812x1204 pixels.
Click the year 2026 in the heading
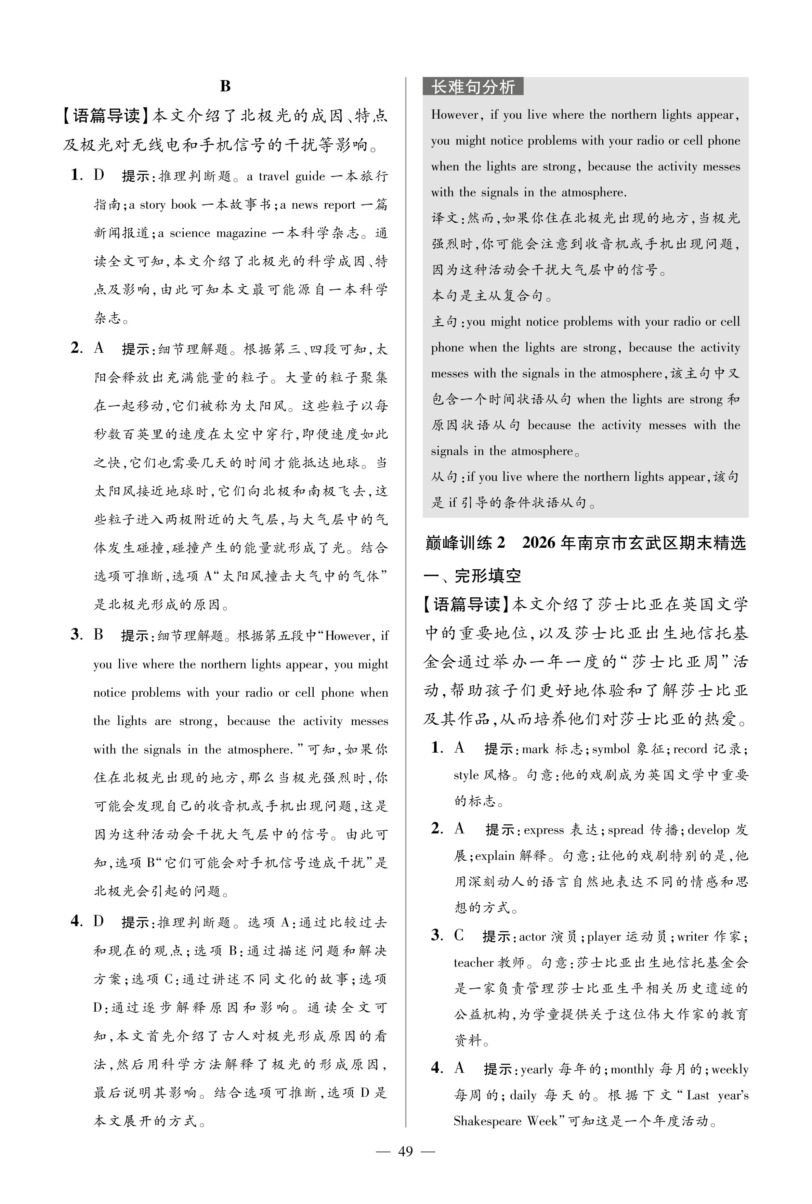click(540, 543)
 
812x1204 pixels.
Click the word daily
click(523, 1095)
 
